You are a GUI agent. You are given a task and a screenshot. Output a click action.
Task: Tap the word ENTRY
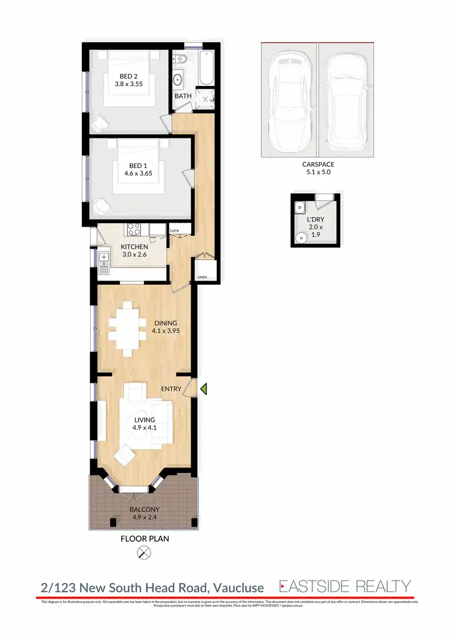coord(171,389)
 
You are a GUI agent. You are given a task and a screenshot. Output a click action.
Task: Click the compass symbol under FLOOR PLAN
coord(144,552)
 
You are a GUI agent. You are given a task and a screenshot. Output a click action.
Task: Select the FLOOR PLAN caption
coord(144,538)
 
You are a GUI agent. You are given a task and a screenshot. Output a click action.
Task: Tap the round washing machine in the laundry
coord(302,238)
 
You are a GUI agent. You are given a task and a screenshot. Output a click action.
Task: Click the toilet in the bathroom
coord(180,59)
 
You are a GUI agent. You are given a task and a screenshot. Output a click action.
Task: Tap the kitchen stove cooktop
coord(133,229)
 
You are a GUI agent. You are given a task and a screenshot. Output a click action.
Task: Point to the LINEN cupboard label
coord(202,278)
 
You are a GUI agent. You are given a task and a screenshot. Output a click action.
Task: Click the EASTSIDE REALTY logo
coord(344,586)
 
